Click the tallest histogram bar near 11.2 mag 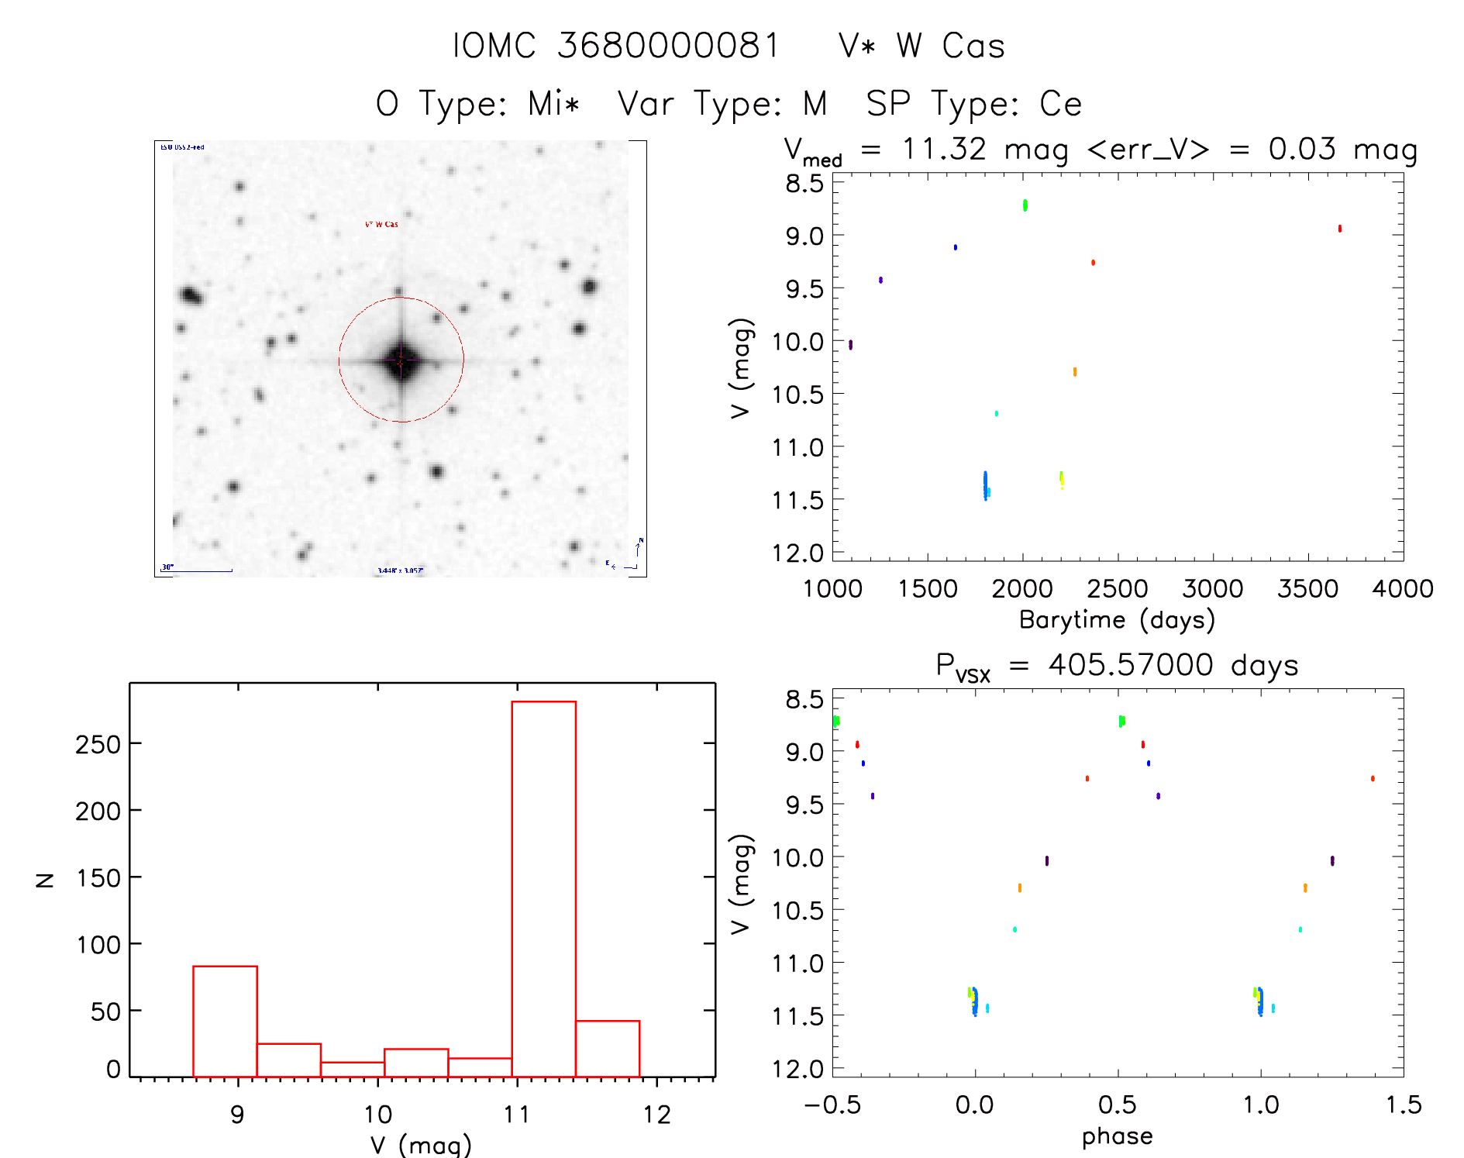coord(543,888)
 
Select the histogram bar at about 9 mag coord(225,1021)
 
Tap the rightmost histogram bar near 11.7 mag coord(608,1048)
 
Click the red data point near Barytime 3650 coord(1339,229)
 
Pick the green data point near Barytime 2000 coord(1025,205)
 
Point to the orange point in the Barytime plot coord(1074,372)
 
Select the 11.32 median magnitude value coord(943,149)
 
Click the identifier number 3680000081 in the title coord(668,46)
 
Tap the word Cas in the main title coord(973,46)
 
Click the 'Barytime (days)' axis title coord(1117,620)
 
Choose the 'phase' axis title coord(1117,1136)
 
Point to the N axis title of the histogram coord(45,880)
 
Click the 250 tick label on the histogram coord(98,744)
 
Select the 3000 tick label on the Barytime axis coord(1212,588)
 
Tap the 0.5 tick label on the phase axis coord(1117,1105)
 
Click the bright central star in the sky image coord(401,360)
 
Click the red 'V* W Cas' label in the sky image coord(381,225)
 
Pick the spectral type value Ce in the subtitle coord(1060,104)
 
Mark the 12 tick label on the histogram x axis coord(657,1115)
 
